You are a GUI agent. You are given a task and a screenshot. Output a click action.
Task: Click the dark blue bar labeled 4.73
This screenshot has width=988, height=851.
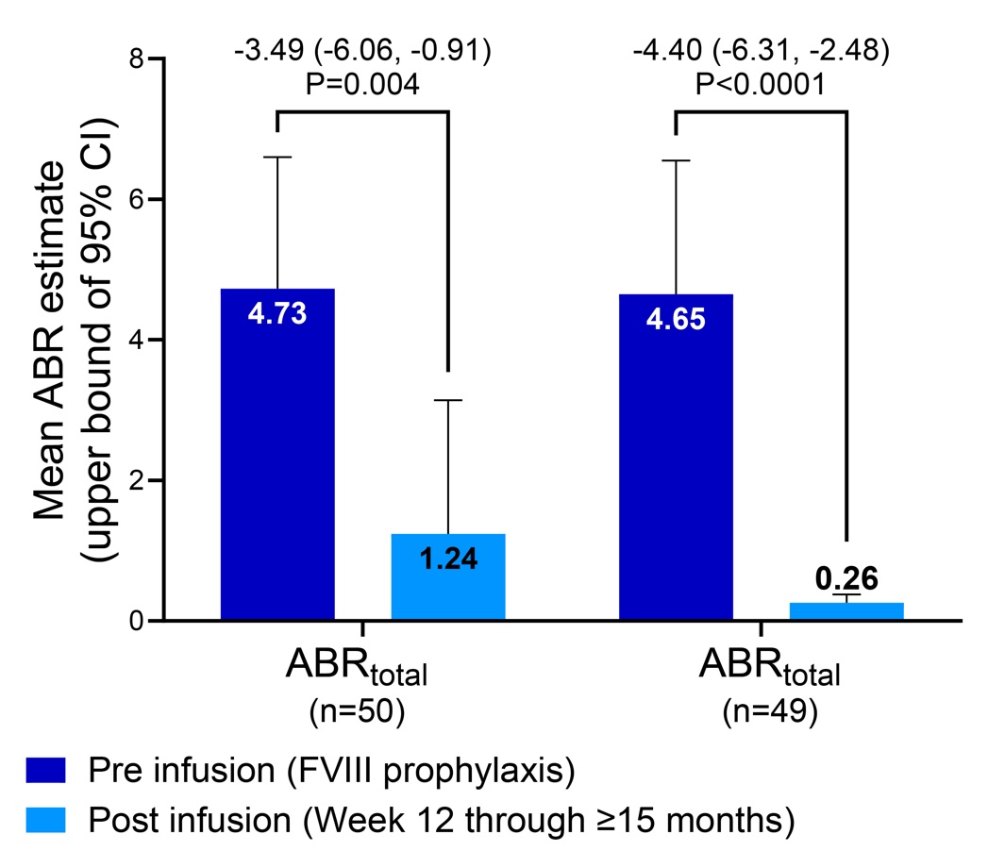(277, 453)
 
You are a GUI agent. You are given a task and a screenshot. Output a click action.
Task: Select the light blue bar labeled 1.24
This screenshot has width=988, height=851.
(448, 576)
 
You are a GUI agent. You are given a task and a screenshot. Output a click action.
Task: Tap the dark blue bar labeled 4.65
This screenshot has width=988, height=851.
(676, 457)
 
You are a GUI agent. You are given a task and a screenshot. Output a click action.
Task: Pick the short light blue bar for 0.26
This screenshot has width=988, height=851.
(846, 611)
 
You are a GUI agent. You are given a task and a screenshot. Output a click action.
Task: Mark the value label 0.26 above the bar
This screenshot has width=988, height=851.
(846, 577)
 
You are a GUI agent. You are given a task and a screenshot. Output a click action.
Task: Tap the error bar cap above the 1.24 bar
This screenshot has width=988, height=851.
(448, 401)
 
